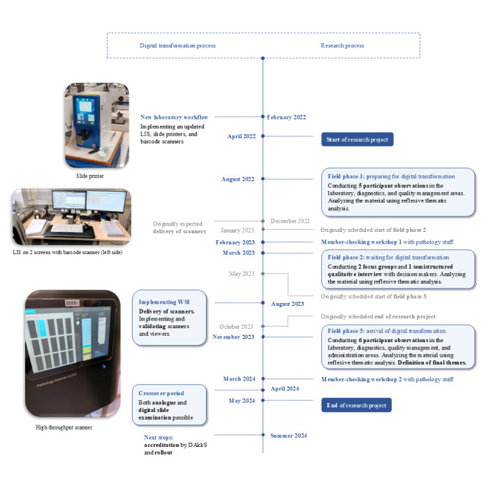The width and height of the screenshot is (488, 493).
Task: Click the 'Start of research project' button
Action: (357, 139)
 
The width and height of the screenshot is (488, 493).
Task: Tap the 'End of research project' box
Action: (356, 405)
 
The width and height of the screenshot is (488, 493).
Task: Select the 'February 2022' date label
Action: (286, 117)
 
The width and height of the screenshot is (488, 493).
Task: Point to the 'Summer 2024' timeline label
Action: (288, 436)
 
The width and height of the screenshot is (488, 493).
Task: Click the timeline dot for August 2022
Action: (263, 179)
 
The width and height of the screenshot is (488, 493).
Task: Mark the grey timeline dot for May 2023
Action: (263, 274)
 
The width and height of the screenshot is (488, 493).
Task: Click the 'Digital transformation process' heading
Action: (177, 45)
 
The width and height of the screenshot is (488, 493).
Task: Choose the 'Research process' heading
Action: (342, 45)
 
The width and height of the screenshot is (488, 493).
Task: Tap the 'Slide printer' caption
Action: (90, 176)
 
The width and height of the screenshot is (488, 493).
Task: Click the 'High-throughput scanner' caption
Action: (64, 427)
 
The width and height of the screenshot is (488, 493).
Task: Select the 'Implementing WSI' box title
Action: (164, 302)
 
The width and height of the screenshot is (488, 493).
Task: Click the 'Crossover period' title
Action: (161, 393)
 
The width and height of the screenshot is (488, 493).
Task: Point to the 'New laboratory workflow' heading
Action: (175, 117)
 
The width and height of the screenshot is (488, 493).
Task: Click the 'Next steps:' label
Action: (158, 437)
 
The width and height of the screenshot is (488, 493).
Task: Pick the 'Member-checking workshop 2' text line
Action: (387, 379)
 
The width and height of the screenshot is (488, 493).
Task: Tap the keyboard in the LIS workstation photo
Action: (66, 228)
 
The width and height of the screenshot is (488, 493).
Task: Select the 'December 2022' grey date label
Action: (290, 221)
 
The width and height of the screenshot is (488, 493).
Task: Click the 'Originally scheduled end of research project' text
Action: (378, 316)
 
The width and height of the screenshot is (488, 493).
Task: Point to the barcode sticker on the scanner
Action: (72, 303)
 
